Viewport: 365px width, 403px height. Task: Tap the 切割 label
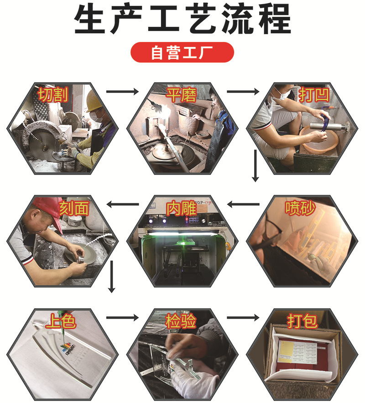[x=53, y=94]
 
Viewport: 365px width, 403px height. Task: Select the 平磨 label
[x=181, y=94]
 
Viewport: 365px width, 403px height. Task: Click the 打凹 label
[x=314, y=94]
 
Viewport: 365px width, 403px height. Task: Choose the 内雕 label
[x=181, y=208]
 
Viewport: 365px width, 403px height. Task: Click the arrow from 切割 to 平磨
[x=122, y=92]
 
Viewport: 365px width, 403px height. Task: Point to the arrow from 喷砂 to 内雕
[x=243, y=204]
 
